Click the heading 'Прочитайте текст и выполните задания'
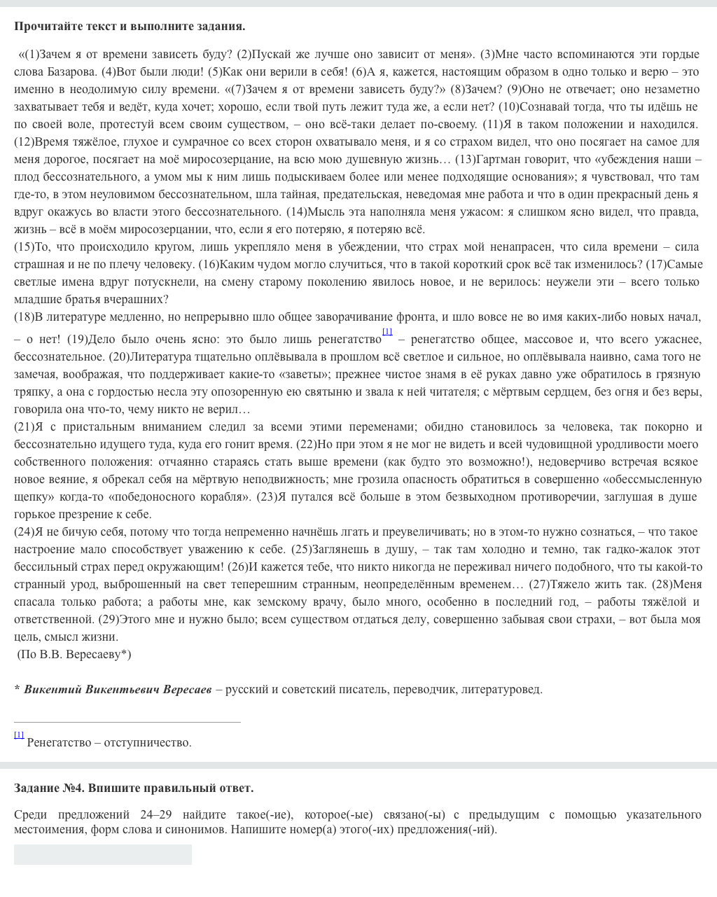click(x=130, y=27)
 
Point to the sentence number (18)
click(x=24, y=317)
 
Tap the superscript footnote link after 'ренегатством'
click(x=387, y=332)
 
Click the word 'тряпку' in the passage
click(x=32, y=392)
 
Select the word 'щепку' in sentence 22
click(x=30, y=497)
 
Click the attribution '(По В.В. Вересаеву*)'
click(x=74, y=655)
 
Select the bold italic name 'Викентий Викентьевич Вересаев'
click(x=117, y=690)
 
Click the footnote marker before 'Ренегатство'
click(x=19, y=735)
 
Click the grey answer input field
click(x=103, y=854)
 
